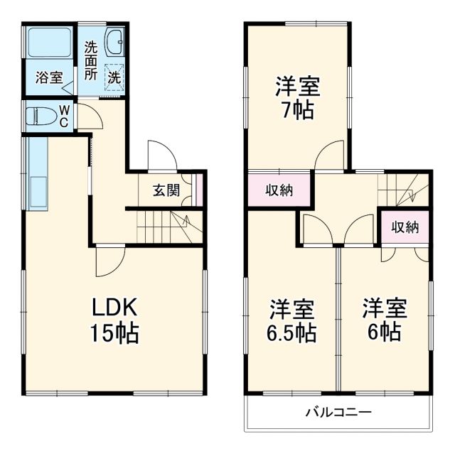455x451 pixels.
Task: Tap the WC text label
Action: [63, 116]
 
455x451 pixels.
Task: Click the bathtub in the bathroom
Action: [48, 45]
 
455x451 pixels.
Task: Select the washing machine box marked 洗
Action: [114, 76]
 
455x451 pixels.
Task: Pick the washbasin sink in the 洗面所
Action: [114, 44]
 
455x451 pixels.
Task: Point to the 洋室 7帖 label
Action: [298, 99]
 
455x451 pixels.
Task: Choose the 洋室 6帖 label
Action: [385, 320]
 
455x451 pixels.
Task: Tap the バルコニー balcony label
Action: [338, 413]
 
